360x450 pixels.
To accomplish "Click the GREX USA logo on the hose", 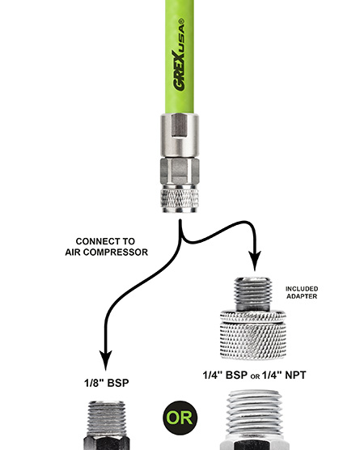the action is pyautogui.click(x=179, y=55).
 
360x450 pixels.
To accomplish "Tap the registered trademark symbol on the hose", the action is pyautogui.click(x=181, y=21).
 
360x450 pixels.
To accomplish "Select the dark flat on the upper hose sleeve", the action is pyautogui.click(x=180, y=125).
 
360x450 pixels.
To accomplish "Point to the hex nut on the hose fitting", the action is pyautogui.click(x=180, y=171).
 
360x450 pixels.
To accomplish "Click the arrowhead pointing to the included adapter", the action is pyautogui.click(x=255, y=261).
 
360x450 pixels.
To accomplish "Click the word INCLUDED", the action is pyautogui.click(x=302, y=289).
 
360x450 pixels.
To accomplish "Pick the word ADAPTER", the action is pyautogui.click(x=302, y=296).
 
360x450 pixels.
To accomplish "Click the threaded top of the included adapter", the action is pyautogui.click(x=252, y=294).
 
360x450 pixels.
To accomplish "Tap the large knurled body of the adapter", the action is pyautogui.click(x=253, y=335).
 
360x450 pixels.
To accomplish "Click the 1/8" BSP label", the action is pyautogui.click(x=107, y=383).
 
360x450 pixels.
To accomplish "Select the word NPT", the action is pyautogui.click(x=295, y=375).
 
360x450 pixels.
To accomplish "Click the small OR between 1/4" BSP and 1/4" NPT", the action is pyautogui.click(x=255, y=376).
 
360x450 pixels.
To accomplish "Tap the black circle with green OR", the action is pyautogui.click(x=180, y=418).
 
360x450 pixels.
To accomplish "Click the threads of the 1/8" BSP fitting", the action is pyautogui.click(x=107, y=418).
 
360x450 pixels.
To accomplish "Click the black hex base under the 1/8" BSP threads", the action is pyautogui.click(x=107, y=443).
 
